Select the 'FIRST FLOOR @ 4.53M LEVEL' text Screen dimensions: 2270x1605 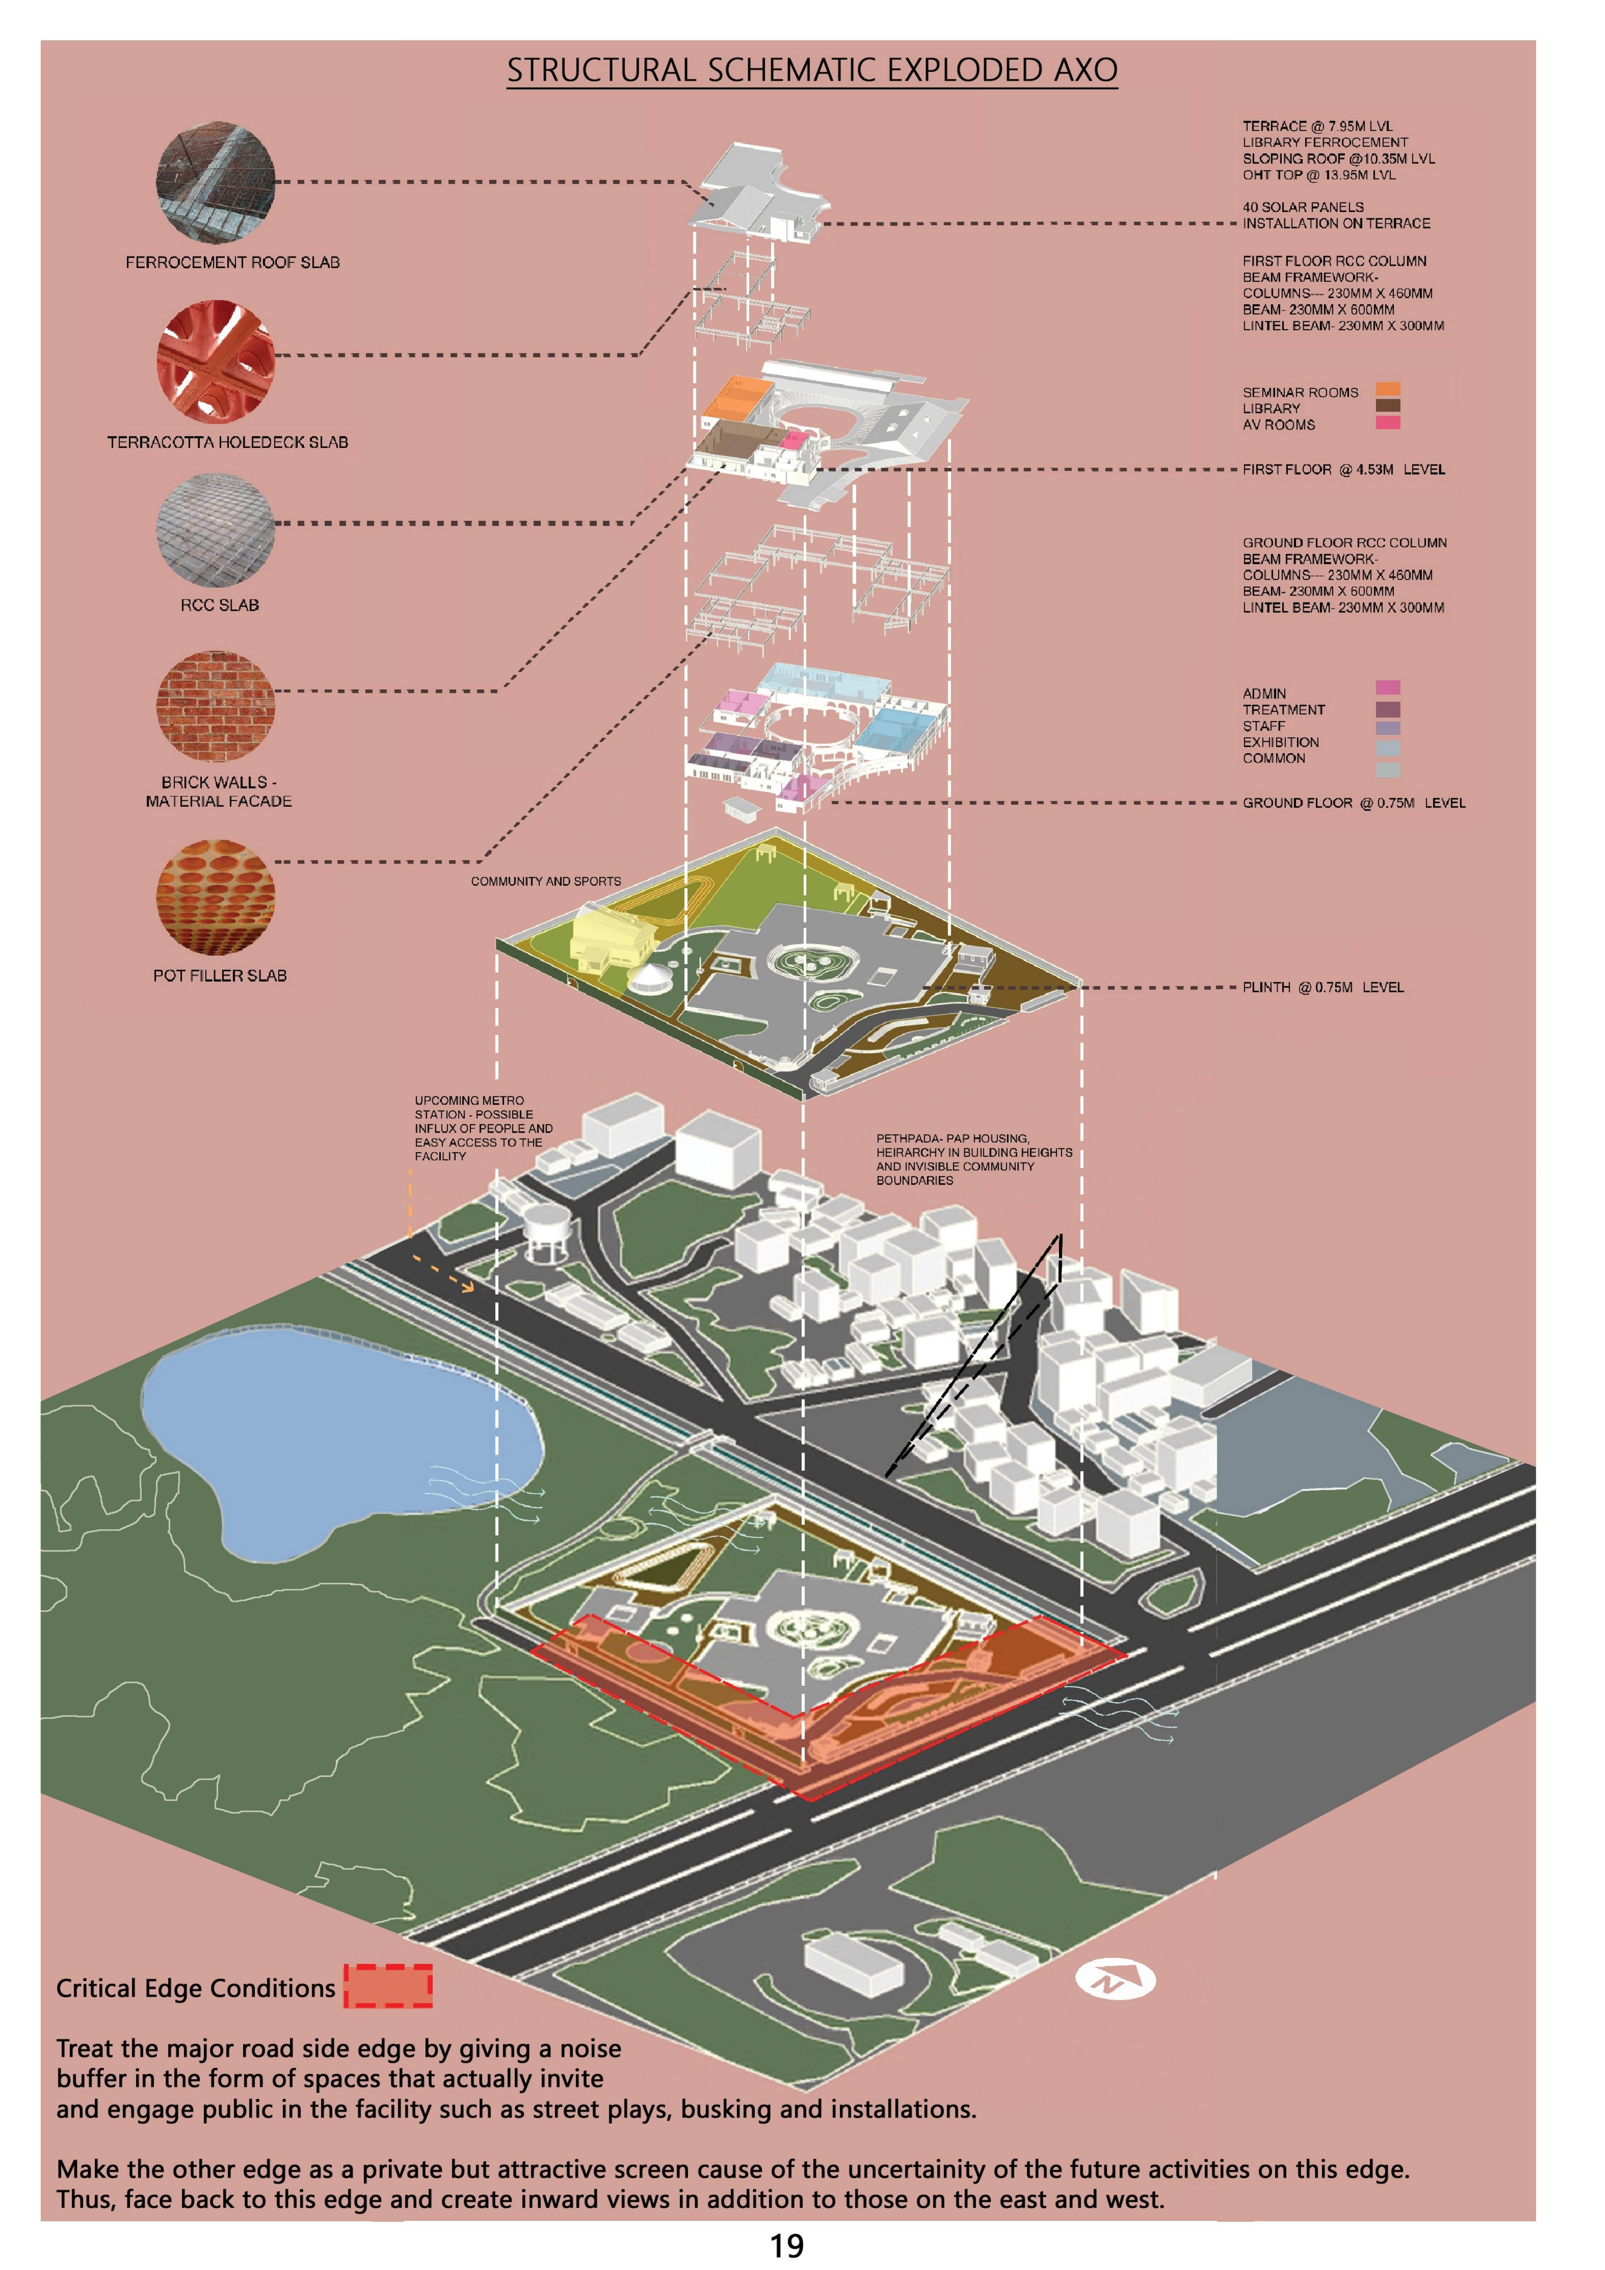tap(1343, 470)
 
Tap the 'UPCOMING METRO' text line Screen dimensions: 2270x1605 tap(469, 1100)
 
